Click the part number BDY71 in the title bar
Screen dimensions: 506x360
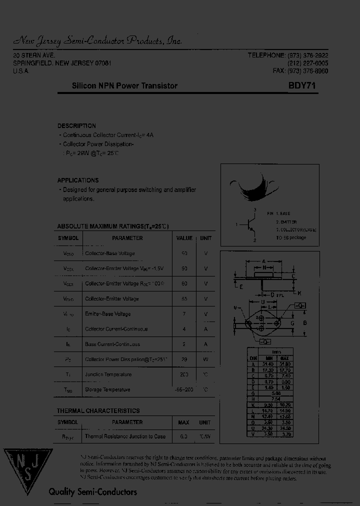pyautogui.click(x=301, y=85)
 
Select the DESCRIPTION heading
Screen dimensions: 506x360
pyautogui.click(x=76, y=126)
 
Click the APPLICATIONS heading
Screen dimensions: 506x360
pyautogui.click(x=78, y=180)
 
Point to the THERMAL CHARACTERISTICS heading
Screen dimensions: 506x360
pyautogui.click(x=98, y=410)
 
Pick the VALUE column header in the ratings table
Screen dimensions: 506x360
pyautogui.click(x=184, y=238)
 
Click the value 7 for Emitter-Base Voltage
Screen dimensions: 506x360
pyautogui.click(x=184, y=314)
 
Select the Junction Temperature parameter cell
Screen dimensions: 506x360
pyautogui.click(x=108, y=374)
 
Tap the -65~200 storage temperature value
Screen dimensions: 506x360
pyautogui.click(x=184, y=389)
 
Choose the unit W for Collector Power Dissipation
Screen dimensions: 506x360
pyautogui.click(x=205, y=359)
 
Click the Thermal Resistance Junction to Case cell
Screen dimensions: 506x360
pyautogui.click(x=125, y=436)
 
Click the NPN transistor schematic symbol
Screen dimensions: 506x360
pyautogui.click(x=250, y=225)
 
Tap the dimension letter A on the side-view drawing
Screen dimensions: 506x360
pyautogui.click(x=264, y=261)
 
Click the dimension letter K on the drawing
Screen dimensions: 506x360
pyautogui.click(x=299, y=292)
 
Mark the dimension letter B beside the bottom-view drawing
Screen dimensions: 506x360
pyautogui.click(x=305, y=323)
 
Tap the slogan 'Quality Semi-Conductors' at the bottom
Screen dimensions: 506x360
pyautogui.click(x=92, y=492)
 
